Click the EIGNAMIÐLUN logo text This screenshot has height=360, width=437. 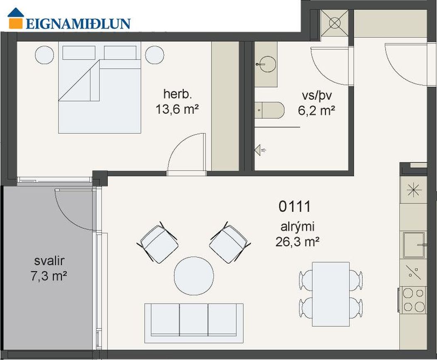(x=78, y=24)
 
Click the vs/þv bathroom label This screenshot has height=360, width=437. (x=317, y=96)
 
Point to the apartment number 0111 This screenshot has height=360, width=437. (x=295, y=207)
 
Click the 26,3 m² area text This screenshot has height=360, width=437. (x=298, y=242)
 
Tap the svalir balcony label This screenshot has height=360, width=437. (x=49, y=261)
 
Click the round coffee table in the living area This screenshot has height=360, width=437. (x=194, y=276)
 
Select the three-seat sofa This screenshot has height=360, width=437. (x=194, y=323)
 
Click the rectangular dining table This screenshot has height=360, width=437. (x=330, y=294)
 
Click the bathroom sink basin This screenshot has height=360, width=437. (x=267, y=64)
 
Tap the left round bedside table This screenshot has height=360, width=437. (x=44, y=55)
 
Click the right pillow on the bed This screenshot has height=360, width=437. (x=120, y=53)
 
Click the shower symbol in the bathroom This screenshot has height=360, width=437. (x=260, y=150)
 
